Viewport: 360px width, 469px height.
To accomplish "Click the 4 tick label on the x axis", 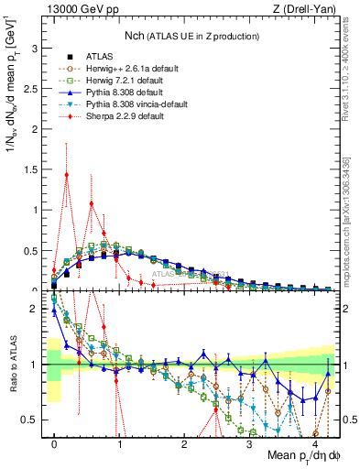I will (314, 442).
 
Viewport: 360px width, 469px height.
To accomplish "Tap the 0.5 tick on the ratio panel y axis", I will (33, 420).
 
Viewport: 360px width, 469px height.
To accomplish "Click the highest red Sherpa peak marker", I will (66, 174).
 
